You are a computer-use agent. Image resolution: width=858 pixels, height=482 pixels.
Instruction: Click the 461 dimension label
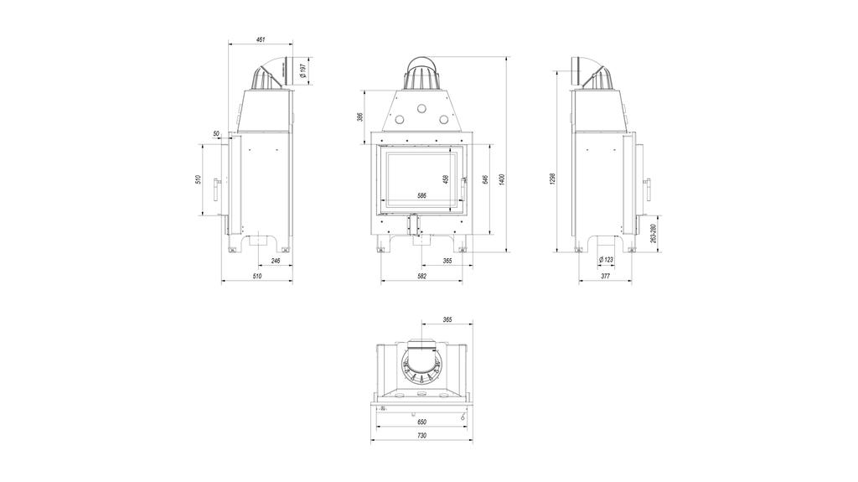coord(261,39)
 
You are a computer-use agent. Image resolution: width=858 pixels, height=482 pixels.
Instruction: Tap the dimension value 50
coord(216,134)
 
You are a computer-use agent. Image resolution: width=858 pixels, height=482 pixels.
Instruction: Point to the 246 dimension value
coord(276,262)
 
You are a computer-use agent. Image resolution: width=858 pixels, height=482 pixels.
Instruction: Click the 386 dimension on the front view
coord(360,117)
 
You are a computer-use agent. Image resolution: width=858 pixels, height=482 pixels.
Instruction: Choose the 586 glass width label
coord(421,195)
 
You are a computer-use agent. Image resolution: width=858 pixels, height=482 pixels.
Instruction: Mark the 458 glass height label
coord(445,179)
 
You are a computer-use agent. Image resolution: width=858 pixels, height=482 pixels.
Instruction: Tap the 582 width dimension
coord(421,276)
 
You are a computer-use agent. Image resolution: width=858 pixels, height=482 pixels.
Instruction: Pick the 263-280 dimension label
coord(653,232)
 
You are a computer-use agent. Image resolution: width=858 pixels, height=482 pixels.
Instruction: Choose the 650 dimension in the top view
coord(421,422)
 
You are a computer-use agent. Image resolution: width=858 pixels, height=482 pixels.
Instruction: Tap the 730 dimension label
coord(421,436)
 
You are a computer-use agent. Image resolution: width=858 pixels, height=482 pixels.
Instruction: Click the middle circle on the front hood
coord(421,109)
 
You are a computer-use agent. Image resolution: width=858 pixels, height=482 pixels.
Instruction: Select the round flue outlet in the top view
coord(421,362)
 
